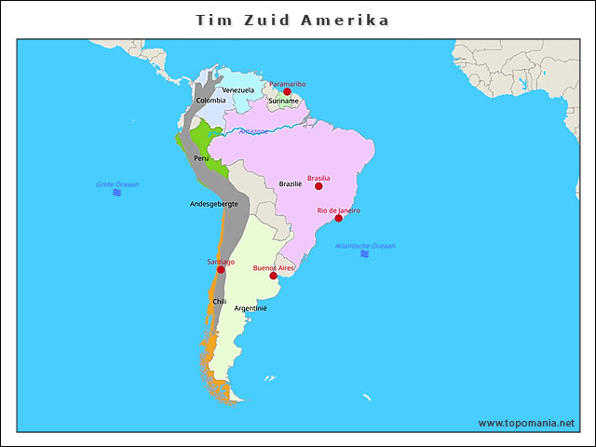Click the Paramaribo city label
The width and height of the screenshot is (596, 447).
(x=288, y=84)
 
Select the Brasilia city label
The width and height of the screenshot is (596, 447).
(x=318, y=178)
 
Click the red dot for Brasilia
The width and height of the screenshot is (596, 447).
(x=318, y=186)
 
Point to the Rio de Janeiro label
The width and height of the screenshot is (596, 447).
(x=339, y=210)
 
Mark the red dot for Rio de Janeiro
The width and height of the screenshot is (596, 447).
(x=339, y=218)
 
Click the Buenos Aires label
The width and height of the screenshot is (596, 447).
(x=274, y=268)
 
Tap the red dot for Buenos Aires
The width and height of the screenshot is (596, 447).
(x=273, y=276)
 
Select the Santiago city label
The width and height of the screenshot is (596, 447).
(x=221, y=262)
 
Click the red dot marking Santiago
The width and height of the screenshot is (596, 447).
(x=221, y=270)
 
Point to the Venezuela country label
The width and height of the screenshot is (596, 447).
(x=237, y=90)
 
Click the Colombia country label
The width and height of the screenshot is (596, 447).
(x=210, y=100)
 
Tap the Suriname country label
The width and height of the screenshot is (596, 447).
(x=283, y=101)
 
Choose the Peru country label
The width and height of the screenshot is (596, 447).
(x=201, y=158)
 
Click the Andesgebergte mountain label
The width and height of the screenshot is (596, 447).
(x=214, y=203)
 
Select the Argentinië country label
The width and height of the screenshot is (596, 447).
(x=251, y=307)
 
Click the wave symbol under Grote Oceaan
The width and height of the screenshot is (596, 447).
(x=117, y=193)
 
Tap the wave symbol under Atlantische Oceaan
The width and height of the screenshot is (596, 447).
(x=364, y=253)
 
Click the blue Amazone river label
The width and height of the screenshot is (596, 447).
(x=253, y=131)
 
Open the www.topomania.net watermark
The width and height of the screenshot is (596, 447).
(x=526, y=423)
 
